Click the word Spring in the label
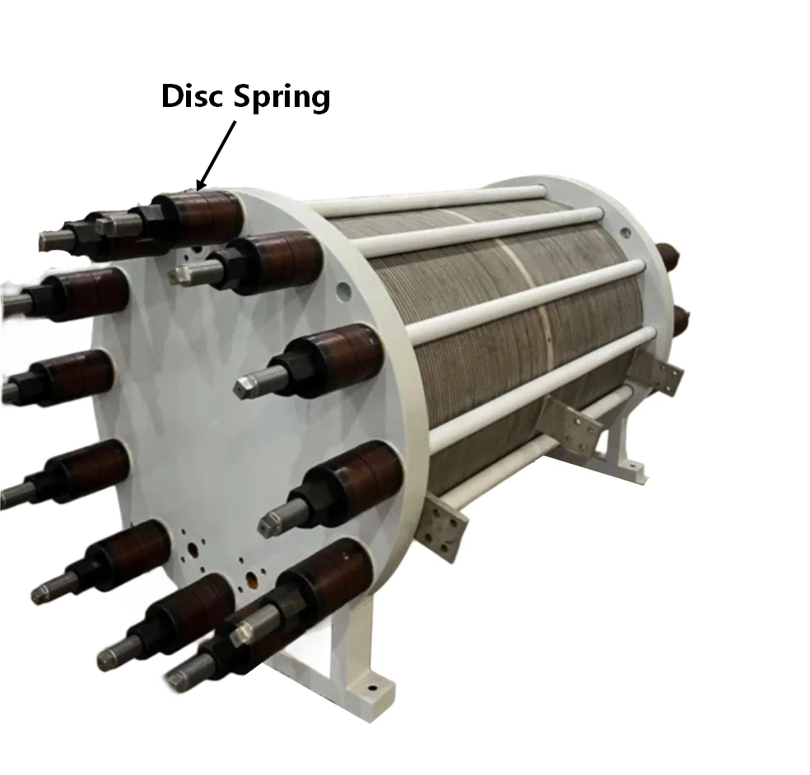click(x=282, y=98)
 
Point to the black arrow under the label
click(x=216, y=155)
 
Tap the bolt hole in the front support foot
click(x=370, y=688)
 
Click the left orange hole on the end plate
click(x=193, y=550)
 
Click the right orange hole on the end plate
click(x=253, y=579)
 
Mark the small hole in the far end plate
click(x=626, y=233)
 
